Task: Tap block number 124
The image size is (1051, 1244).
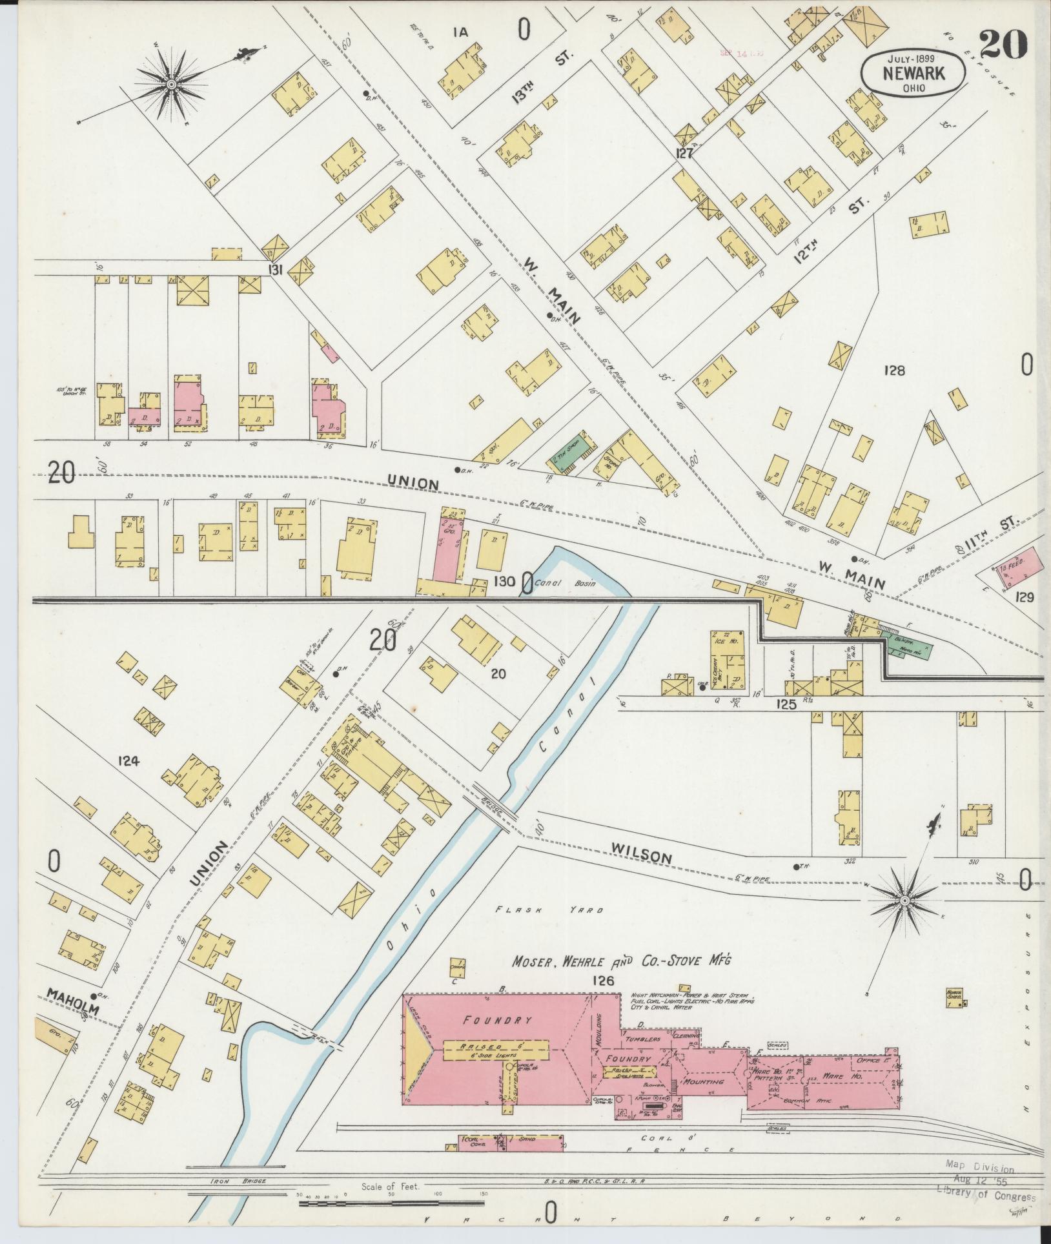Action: coord(128,761)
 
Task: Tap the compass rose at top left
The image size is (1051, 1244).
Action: coord(171,85)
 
